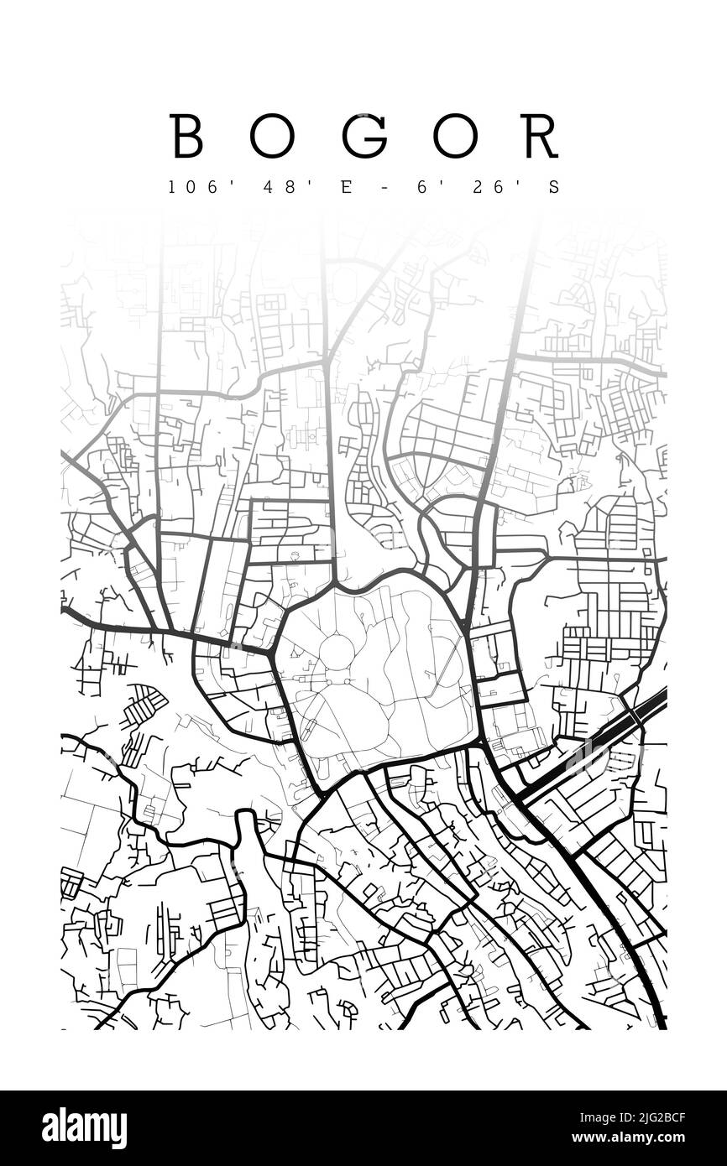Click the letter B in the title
click(x=186, y=136)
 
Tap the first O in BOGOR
click(x=272, y=136)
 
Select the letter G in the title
click(x=363, y=136)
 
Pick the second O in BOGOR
click(x=455, y=136)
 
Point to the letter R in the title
click(x=539, y=136)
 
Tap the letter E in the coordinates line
click(x=344, y=187)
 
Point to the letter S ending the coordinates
click(x=552, y=187)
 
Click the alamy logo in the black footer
click(x=84, y=1128)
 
